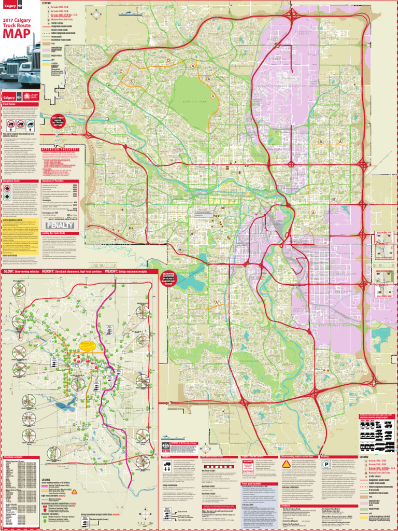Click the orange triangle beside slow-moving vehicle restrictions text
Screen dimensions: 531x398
tap(74, 491)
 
